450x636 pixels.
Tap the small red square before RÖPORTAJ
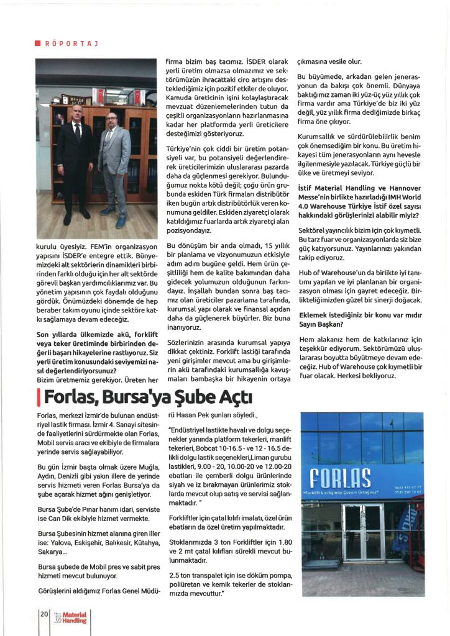(x=37, y=43)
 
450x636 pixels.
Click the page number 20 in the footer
(x=44, y=614)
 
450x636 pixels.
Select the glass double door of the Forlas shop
(x=363, y=532)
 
